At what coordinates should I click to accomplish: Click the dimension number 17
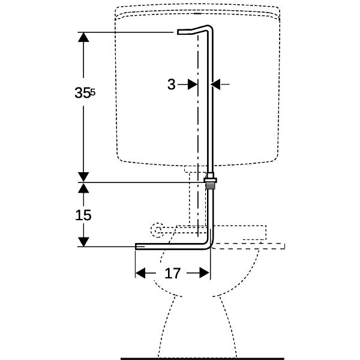point(173,274)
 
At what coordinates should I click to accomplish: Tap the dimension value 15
point(83,215)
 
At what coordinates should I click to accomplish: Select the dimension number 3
point(171,84)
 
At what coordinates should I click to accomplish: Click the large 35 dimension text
point(82,93)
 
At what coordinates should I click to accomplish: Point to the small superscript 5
point(92,92)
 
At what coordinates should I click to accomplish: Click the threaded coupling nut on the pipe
point(211,183)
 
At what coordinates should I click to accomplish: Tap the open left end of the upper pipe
point(178,32)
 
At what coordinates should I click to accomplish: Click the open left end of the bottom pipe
point(136,247)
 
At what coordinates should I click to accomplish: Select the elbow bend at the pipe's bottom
point(209,245)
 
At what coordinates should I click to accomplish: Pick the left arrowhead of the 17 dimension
point(140,273)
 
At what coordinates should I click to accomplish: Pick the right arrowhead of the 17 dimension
point(205,273)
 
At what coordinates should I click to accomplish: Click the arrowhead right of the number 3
point(193,84)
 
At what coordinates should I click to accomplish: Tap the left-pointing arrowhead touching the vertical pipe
point(215,84)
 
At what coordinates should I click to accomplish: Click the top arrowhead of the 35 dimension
point(83,37)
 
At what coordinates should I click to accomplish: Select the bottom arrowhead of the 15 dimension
point(83,242)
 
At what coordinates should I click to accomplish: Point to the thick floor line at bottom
point(203,358)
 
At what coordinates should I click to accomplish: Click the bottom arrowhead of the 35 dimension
point(83,177)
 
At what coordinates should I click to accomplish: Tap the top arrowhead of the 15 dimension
point(83,188)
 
